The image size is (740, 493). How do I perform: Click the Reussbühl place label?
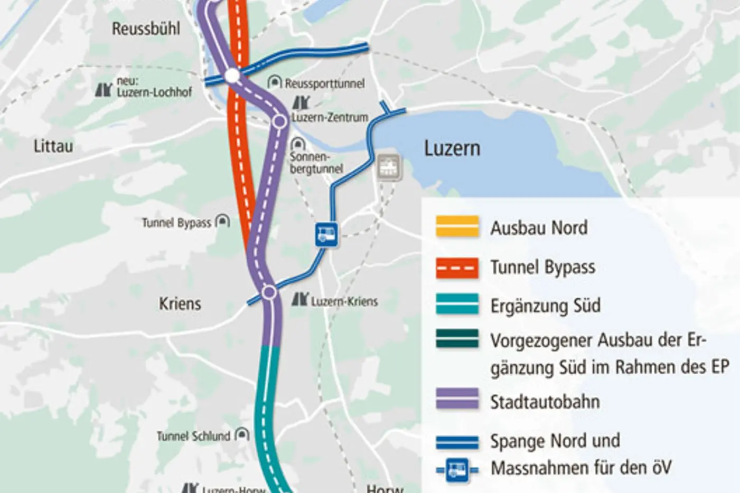coord(146,29)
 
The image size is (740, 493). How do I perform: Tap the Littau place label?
coord(53,146)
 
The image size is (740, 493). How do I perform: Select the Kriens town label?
coord(180,304)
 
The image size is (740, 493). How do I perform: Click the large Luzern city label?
coord(452,149)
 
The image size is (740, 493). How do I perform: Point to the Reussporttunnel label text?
coord(324,83)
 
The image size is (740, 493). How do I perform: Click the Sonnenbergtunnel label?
coord(316,163)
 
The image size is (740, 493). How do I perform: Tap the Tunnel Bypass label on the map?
coord(176,223)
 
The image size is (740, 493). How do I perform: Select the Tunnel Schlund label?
coord(193,437)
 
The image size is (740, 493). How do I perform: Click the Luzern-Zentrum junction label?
coord(330,118)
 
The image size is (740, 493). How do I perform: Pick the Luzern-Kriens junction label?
coord(344,301)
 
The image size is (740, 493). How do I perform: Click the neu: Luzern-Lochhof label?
coord(154,87)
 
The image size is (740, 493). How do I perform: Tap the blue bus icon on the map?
coord(326,234)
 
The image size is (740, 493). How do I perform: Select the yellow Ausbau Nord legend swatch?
coord(457,226)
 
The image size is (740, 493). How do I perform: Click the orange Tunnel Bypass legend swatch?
coord(457,268)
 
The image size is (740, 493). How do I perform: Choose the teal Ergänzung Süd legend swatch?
coord(457,305)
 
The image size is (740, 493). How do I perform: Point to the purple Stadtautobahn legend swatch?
coord(457,399)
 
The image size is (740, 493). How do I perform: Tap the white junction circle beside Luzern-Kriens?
coord(269,292)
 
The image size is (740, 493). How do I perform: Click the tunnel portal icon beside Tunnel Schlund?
coord(242,434)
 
